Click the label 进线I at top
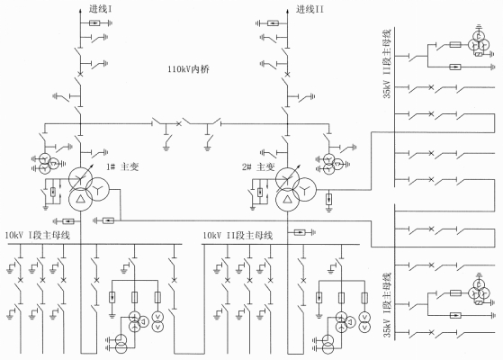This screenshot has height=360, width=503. pos(101,9)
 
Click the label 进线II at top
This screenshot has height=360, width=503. pos(310,9)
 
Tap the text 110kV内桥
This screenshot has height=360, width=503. pos(189,69)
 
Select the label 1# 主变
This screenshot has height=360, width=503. pos(122,166)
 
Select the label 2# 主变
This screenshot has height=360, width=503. pos(258,166)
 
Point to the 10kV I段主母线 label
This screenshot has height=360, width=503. pos(38,235)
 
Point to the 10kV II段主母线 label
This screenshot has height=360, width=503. pos(238,235)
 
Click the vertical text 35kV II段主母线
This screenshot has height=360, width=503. pos(388,64)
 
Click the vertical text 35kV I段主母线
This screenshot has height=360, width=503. pos(388,305)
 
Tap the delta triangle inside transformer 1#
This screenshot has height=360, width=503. pos(80,199)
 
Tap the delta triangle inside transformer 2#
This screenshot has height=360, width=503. pos(288,199)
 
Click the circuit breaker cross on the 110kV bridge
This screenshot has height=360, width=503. pos(179,123)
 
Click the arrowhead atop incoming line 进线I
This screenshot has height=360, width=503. pos(80,12)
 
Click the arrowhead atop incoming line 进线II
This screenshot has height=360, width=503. pos(287,12)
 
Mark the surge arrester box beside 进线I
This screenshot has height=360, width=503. pos(94,22)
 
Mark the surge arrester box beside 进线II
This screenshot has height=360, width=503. pos(273,23)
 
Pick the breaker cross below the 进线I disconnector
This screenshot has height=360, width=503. pos(80,75)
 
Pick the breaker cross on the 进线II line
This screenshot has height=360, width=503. pos(287,75)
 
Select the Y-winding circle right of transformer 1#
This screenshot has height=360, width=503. pos(98,189)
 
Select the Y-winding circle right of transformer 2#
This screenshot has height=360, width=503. pos(305,189)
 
